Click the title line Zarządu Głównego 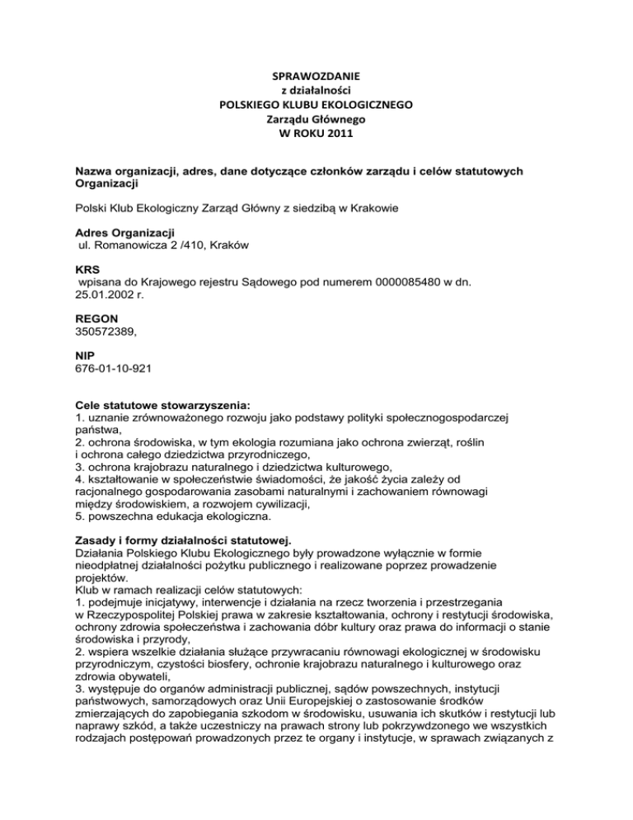pos(316,120)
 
